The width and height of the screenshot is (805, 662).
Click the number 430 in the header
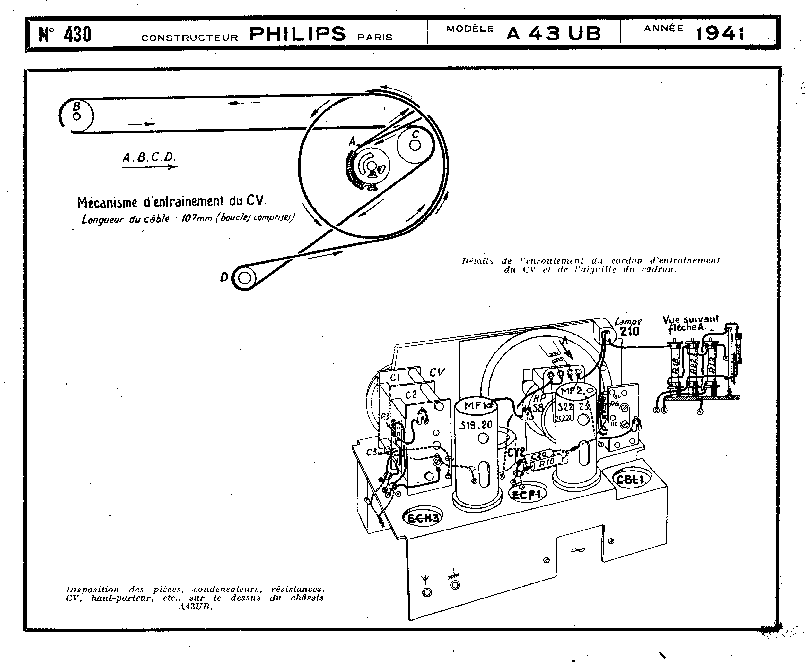point(77,34)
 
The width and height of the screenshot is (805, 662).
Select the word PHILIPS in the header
point(297,34)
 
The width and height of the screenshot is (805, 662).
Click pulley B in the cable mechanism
point(77,115)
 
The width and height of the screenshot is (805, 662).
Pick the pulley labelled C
point(415,145)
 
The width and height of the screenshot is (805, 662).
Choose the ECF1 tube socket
point(528,495)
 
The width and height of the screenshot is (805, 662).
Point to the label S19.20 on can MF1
point(476,425)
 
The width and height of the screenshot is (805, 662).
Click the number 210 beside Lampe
point(629,331)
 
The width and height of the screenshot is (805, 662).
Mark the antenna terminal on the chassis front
point(427,592)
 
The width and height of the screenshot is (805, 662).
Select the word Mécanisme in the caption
point(107,202)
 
